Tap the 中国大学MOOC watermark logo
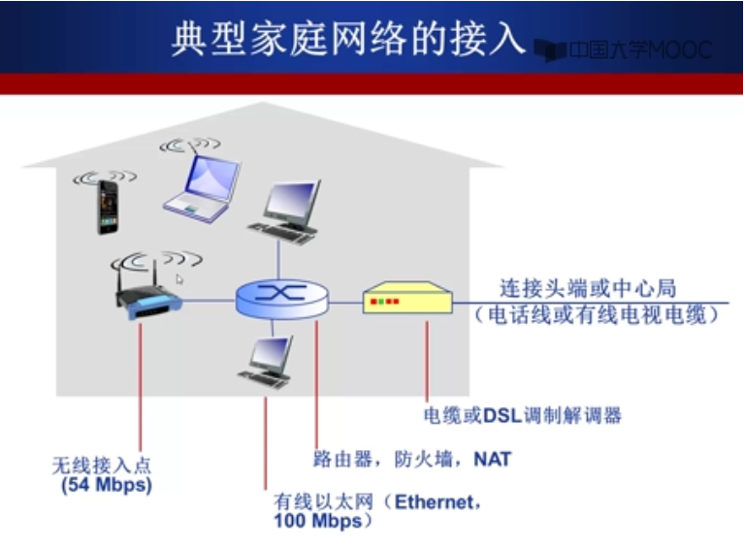pos(627,49)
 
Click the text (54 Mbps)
pos(107,485)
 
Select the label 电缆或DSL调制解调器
pos(522,416)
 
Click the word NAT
pos(492,459)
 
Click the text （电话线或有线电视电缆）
pos(596,314)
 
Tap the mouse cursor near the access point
pos(180,278)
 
